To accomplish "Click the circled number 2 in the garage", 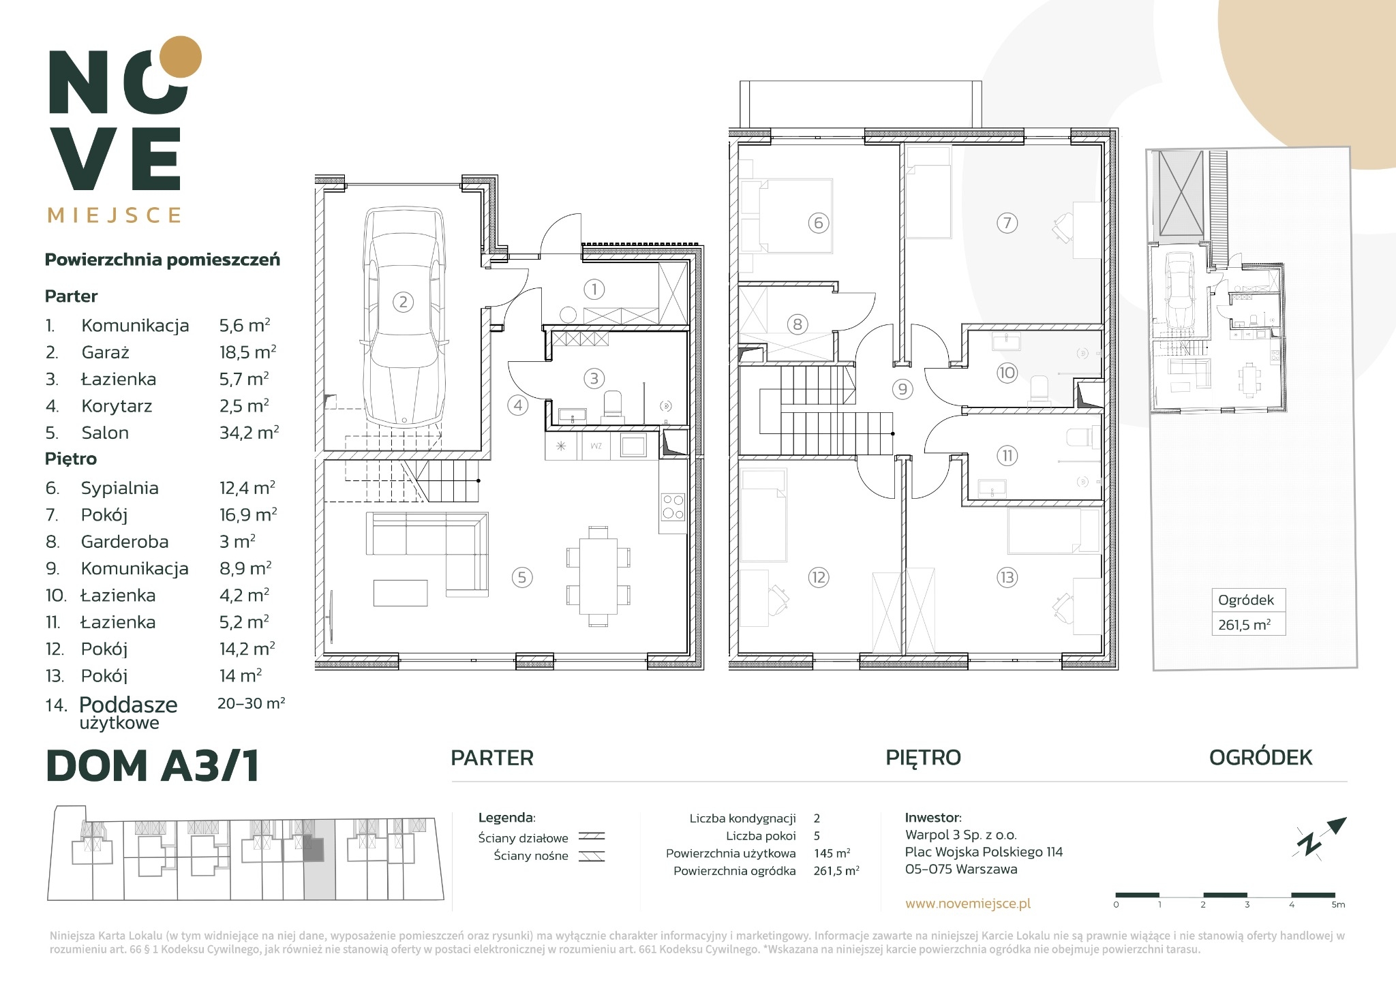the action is pyautogui.click(x=403, y=302).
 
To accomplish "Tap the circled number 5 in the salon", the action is pyautogui.click(x=521, y=578).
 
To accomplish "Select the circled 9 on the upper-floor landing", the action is pyautogui.click(x=902, y=389).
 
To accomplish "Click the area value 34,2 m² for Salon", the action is pyautogui.click(x=249, y=433).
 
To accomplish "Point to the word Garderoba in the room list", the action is pyautogui.click(x=125, y=542).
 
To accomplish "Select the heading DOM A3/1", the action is pyautogui.click(x=153, y=766).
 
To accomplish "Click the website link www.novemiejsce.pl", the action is pyautogui.click(x=967, y=904).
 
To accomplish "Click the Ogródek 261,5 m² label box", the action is pyautogui.click(x=1248, y=612).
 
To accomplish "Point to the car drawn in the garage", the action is pyautogui.click(x=403, y=318).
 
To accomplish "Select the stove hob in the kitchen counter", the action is pyautogui.click(x=673, y=507).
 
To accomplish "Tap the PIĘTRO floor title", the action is pyautogui.click(x=923, y=758).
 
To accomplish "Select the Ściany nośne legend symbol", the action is pyautogui.click(x=592, y=857).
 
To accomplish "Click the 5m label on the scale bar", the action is pyautogui.click(x=1338, y=905).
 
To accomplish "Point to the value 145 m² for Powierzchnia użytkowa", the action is pyautogui.click(x=832, y=853).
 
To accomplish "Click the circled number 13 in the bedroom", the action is pyautogui.click(x=1006, y=578).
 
